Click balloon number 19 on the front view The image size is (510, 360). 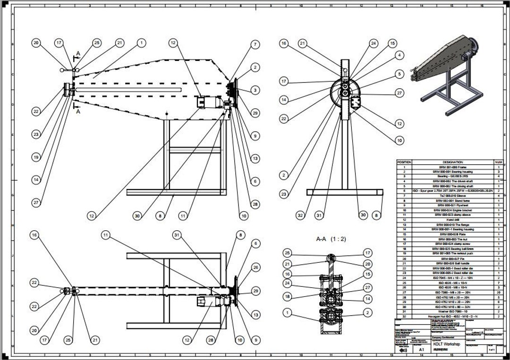pos(36,157)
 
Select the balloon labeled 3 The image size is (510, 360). pos(255,90)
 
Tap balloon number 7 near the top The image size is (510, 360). pos(255,44)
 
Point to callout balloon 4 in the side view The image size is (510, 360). pos(400,55)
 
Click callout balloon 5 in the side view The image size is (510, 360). pos(400,74)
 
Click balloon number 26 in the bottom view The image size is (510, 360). pos(255,268)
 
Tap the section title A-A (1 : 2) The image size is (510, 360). pos(331,239)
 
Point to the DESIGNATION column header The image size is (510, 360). pos(446,162)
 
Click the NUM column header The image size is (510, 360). pos(499,162)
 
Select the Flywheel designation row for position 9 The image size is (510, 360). pos(446,205)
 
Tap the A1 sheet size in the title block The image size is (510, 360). pos(422,350)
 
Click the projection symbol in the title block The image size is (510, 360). pos(402,351)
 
